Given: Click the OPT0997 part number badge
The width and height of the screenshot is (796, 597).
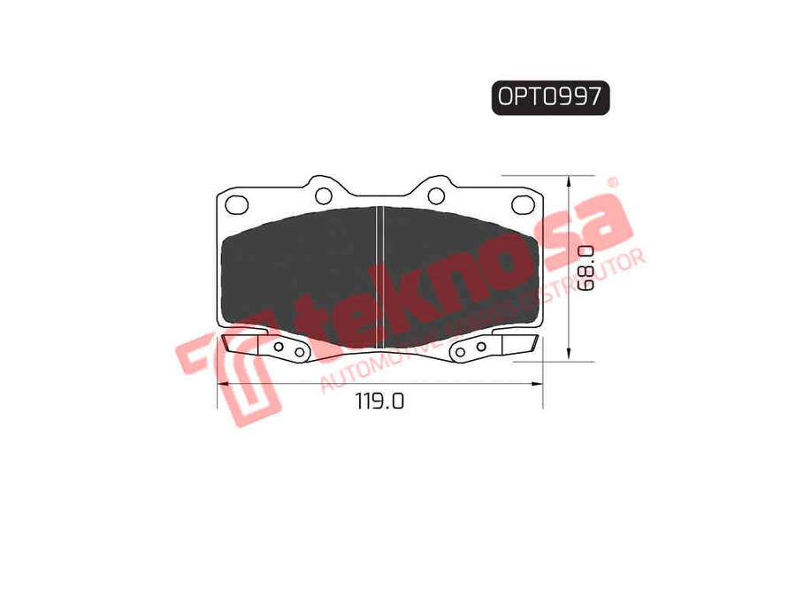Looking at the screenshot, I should (550, 97).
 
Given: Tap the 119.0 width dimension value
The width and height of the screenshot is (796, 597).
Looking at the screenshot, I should (379, 401).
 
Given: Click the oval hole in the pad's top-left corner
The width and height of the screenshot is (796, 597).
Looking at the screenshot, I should (236, 204).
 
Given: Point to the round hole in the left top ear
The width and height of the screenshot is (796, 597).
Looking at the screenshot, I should (324, 195).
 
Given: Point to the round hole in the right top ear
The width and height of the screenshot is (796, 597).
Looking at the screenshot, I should (436, 195).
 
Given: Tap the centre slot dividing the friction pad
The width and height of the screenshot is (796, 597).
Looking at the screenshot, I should (379, 274).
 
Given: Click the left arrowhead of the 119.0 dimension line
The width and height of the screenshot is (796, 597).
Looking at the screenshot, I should (223, 384).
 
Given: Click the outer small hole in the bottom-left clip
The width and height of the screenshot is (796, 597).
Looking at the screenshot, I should (299, 352).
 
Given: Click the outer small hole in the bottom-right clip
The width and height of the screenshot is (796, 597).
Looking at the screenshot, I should (461, 352).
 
